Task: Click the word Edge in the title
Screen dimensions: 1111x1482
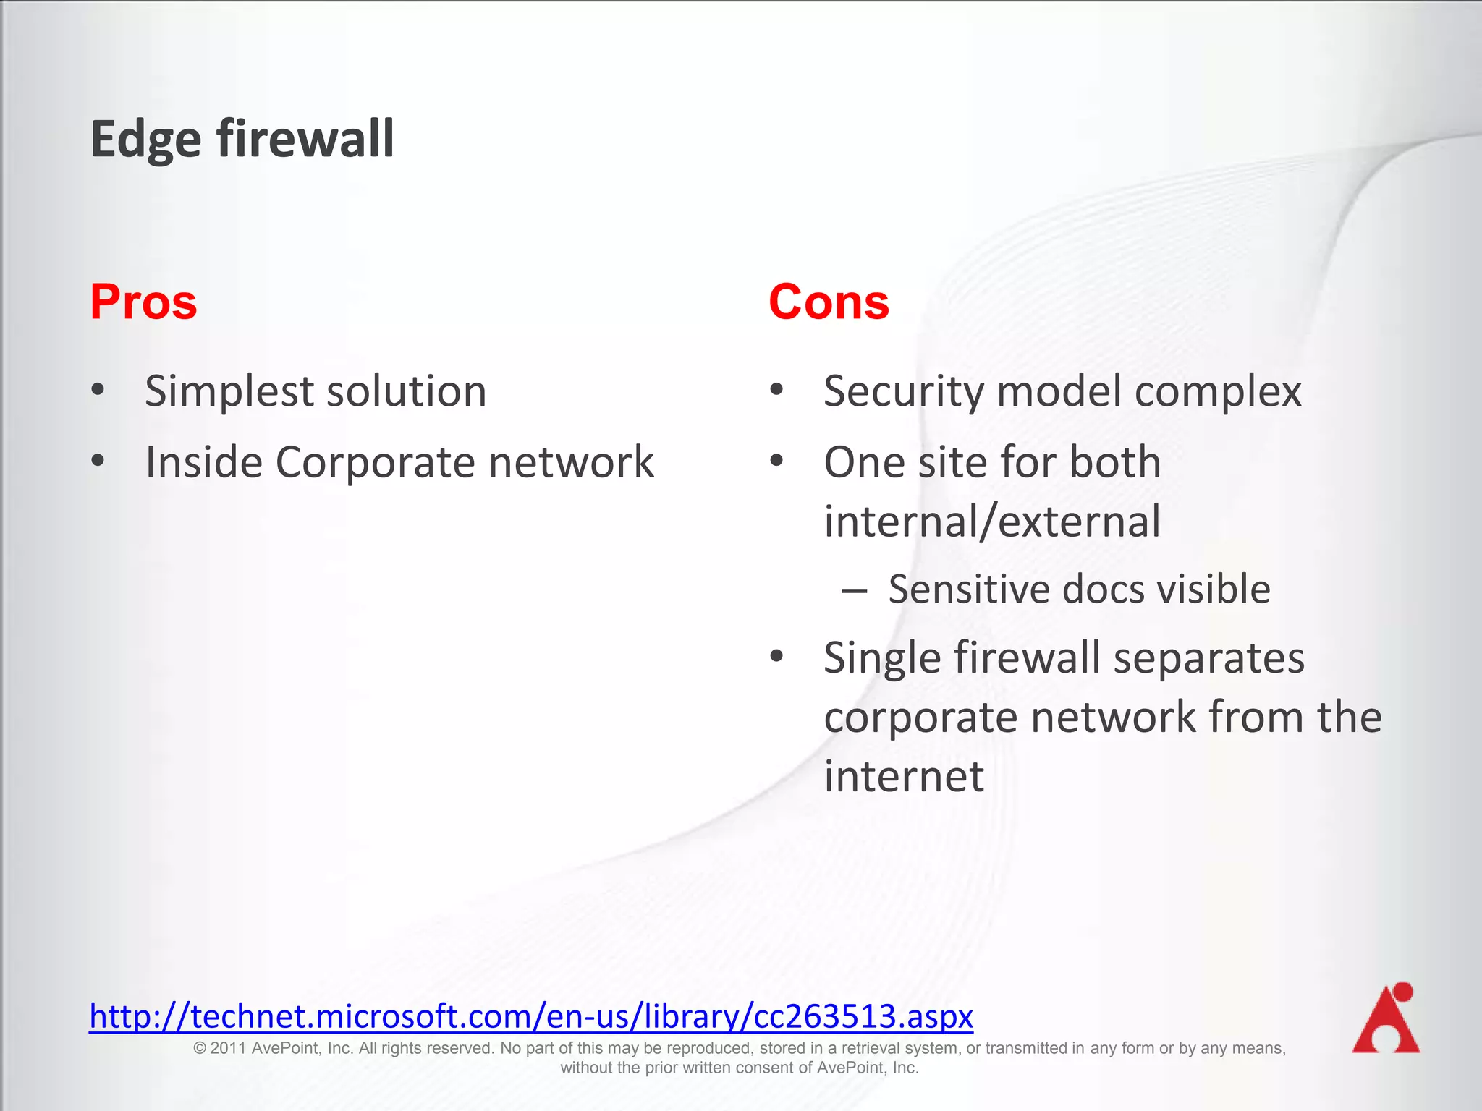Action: coord(145,140)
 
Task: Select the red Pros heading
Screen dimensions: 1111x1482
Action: coord(143,302)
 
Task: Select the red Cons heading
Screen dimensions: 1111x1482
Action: coord(829,302)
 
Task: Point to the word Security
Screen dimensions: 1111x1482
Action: coord(904,392)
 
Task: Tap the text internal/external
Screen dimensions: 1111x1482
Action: coord(992,521)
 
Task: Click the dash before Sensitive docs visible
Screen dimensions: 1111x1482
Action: coord(854,590)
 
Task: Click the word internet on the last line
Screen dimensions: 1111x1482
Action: coord(904,776)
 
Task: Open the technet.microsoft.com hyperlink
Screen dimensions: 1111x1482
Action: coord(531,1016)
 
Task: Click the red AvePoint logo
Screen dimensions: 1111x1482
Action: coord(1386,1018)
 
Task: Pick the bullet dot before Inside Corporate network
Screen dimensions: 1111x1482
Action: coord(98,461)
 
